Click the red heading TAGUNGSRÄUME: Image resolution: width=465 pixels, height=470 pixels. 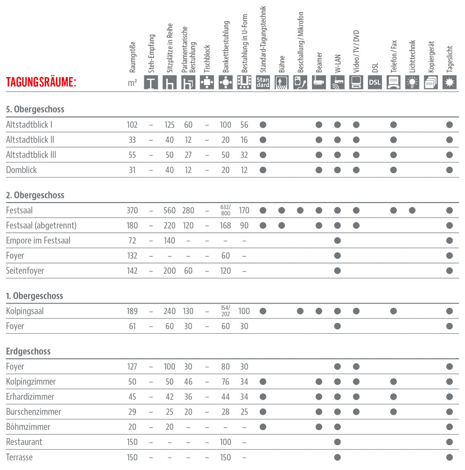click(41, 82)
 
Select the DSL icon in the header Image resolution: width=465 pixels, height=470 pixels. click(375, 82)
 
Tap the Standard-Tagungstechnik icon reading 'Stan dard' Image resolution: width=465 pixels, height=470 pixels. click(263, 82)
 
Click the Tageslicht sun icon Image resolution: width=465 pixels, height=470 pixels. click(449, 82)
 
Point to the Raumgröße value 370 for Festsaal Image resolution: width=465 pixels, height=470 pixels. click(132, 210)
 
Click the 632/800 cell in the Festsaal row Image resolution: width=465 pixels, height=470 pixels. click(225, 210)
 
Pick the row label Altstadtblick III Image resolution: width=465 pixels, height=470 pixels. click(31, 155)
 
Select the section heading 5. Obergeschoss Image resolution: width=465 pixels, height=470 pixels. click(35, 109)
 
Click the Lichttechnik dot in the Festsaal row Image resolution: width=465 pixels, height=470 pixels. click(412, 210)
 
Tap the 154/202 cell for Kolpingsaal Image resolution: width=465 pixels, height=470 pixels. click(225, 311)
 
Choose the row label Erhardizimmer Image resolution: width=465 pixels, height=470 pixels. click(30, 397)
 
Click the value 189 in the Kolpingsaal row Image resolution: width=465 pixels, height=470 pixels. click(132, 311)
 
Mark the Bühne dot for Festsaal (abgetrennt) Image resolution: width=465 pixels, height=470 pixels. click(282, 225)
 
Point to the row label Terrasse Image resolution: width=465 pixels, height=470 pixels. click(19, 457)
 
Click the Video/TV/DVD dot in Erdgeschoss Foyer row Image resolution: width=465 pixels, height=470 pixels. click(356, 367)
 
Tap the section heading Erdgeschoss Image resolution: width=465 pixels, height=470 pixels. click(28, 351)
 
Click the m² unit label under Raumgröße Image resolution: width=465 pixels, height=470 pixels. click(132, 83)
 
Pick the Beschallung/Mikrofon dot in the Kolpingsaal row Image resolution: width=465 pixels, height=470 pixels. click(300, 311)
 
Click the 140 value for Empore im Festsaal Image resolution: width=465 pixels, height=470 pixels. click(169, 240)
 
